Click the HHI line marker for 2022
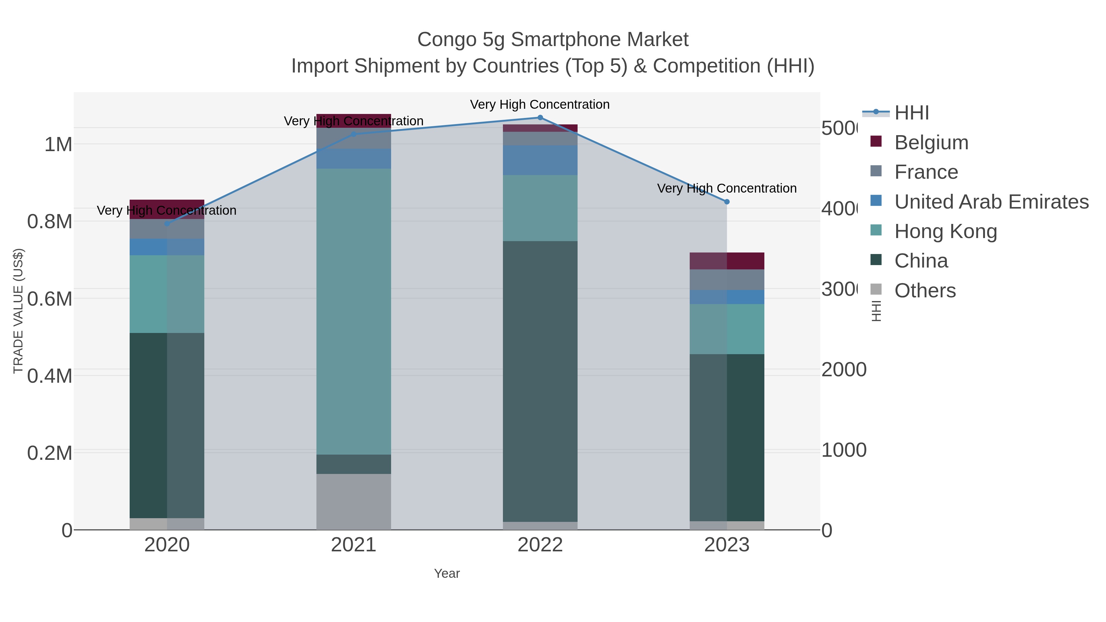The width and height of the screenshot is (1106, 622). click(540, 118)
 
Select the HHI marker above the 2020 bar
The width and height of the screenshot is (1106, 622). click(167, 224)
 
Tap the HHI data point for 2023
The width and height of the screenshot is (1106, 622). click(727, 202)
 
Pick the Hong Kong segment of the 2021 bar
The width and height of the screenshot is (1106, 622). click(353, 311)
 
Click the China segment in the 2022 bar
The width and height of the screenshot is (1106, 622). click(540, 381)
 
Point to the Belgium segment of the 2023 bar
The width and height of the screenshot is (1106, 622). click(727, 261)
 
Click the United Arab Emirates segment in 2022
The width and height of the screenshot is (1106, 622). click(540, 160)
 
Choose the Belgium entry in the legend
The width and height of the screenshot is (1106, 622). click(931, 143)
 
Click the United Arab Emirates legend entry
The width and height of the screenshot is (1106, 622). click(991, 202)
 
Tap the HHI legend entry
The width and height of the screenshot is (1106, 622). click(911, 113)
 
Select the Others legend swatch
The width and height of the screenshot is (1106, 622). click(876, 290)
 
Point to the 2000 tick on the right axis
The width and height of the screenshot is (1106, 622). click(843, 370)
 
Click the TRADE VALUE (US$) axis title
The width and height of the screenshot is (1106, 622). click(18, 311)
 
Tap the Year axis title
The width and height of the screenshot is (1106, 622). click(446, 573)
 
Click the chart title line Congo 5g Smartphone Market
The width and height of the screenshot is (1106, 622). click(553, 40)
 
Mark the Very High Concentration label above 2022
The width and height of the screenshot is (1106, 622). click(540, 104)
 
